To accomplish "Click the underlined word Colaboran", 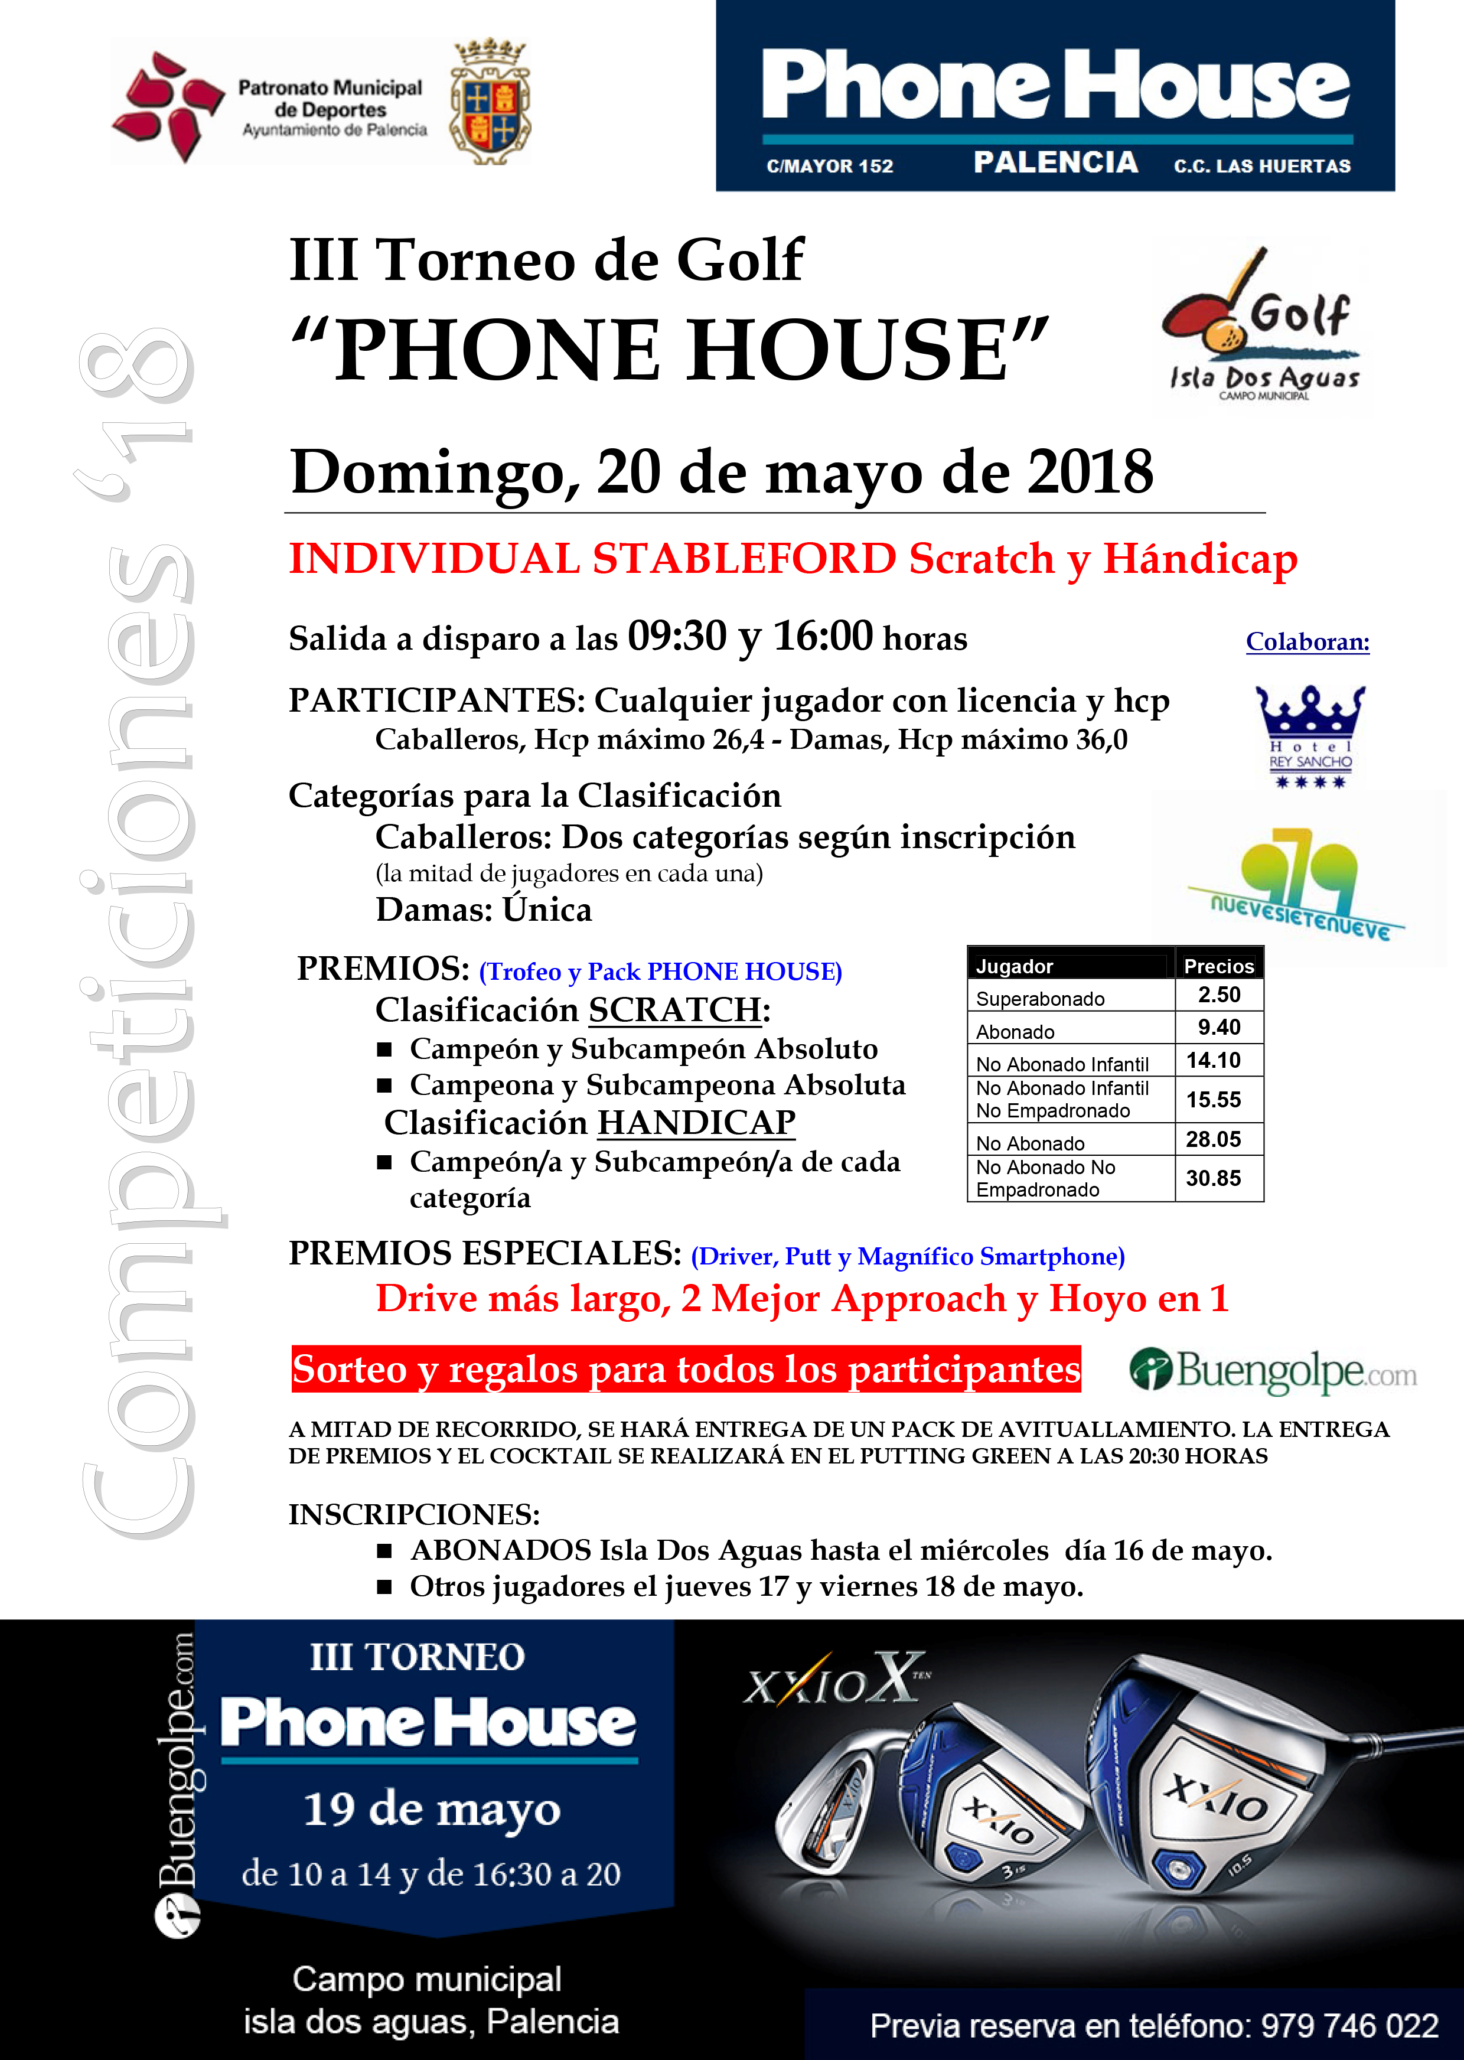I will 1307,642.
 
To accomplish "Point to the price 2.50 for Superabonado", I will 1219,995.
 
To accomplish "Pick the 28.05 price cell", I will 1214,1139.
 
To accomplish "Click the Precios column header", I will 1219,966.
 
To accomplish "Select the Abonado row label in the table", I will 1015,1031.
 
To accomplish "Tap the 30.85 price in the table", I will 1214,1178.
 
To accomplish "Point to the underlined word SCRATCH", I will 675,1010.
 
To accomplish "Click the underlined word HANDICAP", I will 696,1122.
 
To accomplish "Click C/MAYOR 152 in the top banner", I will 829,166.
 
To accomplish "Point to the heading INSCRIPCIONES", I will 414,1514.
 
